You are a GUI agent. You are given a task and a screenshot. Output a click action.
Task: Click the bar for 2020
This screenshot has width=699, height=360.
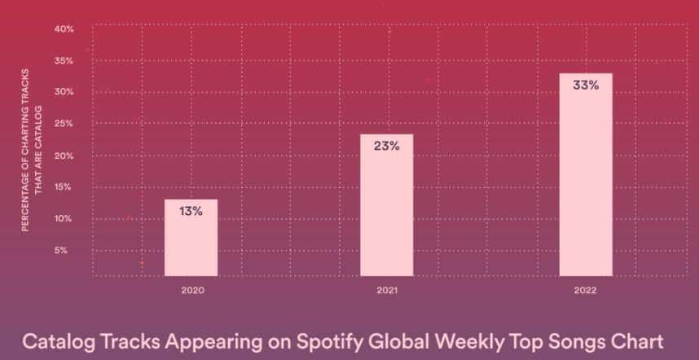click(191, 238)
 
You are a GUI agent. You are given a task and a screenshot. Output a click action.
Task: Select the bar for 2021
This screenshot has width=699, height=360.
click(386, 205)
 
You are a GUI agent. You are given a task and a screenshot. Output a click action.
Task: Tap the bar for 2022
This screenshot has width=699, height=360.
click(586, 174)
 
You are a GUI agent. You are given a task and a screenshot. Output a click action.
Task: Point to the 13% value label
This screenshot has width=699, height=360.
click(191, 211)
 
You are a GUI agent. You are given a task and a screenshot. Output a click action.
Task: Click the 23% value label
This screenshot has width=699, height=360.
click(386, 146)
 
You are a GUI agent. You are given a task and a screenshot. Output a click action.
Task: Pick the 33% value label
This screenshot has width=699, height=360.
click(586, 85)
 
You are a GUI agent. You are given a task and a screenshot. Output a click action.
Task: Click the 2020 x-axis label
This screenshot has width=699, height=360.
click(192, 291)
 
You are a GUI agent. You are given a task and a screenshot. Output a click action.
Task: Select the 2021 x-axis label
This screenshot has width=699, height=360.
click(387, 291)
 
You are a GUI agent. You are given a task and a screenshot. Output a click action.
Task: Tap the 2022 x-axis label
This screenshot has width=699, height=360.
click(585, 291)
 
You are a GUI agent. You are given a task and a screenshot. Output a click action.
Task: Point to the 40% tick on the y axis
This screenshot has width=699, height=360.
click(64, 29)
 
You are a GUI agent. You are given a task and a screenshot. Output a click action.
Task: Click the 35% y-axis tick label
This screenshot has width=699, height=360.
click(64, 61)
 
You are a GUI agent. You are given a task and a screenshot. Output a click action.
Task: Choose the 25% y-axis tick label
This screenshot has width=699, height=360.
click(64, 124)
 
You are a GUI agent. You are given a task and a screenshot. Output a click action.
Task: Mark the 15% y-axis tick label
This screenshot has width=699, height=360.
click(63, 187)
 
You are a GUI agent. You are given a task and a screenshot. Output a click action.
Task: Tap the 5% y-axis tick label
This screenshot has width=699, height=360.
click(61, 250)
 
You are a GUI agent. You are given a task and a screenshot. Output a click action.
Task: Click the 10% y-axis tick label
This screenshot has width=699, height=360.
click(63, 219)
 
